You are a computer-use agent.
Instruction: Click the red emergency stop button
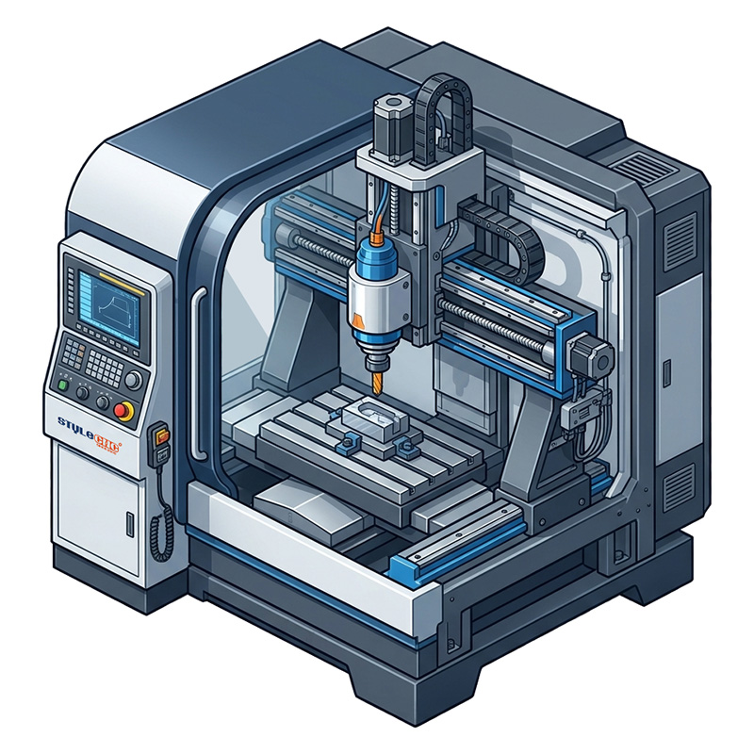coord(122,410)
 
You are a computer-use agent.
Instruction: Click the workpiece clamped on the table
coord(372,419)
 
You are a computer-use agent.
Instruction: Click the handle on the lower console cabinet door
coord(128,520)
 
